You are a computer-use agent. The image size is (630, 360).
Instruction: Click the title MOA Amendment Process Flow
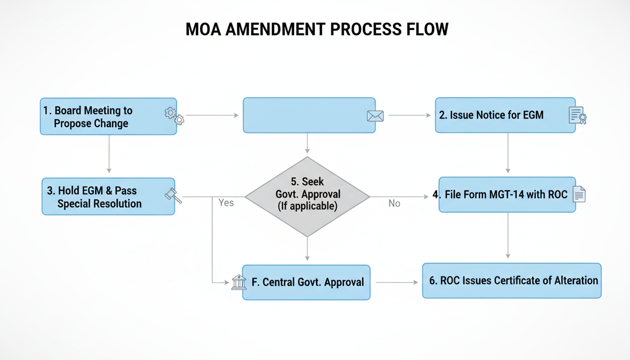point(317,29)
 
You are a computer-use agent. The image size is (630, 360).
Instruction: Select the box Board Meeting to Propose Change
point(108,116)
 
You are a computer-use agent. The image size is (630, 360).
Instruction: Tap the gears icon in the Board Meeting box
point(174,115)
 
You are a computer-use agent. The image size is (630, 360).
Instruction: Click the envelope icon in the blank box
point(375,116)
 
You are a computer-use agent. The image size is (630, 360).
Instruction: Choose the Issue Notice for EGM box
point(505,115)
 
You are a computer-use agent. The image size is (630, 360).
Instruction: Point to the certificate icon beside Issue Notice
point(577,115)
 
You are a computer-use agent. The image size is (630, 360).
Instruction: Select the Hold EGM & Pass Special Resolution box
point(108,196)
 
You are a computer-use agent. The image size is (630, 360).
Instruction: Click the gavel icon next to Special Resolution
point(173,195)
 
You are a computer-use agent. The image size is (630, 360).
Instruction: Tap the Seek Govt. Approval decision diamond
point(307,196)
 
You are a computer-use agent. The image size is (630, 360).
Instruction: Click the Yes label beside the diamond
point(226,203)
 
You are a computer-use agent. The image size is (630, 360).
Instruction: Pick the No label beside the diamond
point(394,203)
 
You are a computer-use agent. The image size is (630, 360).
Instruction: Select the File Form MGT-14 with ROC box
point(507,195)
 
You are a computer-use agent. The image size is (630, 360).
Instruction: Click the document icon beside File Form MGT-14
point(579,194)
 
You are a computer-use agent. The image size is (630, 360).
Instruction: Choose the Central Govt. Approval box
point(307,282)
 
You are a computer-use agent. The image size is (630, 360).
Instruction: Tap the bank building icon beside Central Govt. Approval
point(239,282)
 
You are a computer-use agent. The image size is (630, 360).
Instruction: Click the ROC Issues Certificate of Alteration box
point(511,281)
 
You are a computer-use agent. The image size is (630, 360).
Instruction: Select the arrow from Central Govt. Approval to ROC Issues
point(396,283)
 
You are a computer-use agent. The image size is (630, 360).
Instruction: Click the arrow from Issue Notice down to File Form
point(507,153)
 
